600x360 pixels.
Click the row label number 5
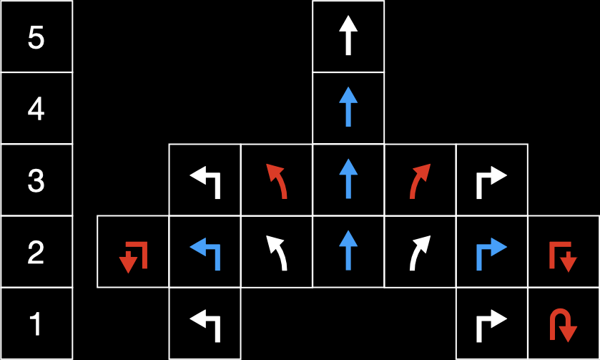36,37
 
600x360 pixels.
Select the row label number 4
36,110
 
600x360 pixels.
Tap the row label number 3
36,181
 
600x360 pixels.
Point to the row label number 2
36,253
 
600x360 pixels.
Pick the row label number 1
36,325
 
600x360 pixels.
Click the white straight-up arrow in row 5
348,36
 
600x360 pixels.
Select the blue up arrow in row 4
348,107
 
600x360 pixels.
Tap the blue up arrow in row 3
348,179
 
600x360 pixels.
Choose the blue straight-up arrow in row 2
348,250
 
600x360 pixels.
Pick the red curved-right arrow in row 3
420,180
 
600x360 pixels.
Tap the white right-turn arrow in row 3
492,180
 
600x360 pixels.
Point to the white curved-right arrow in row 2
420,252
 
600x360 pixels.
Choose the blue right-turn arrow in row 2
492,252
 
